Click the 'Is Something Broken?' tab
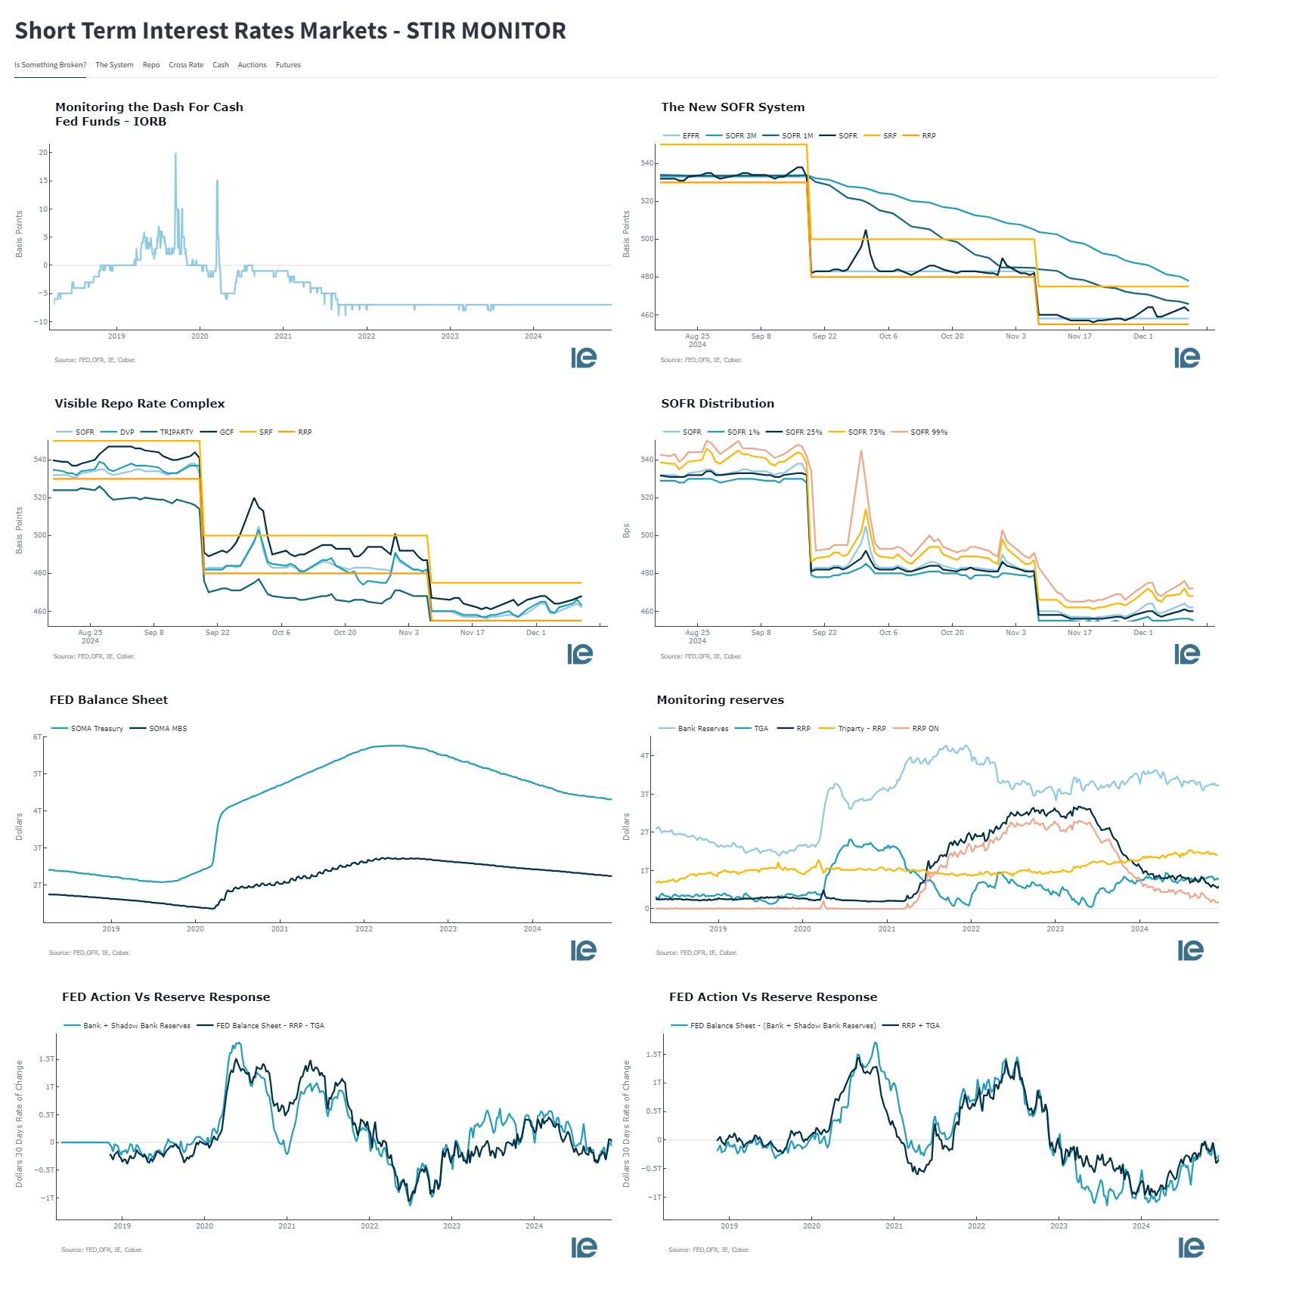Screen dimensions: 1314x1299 [50, 65]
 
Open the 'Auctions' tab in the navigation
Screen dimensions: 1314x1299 [252, 65]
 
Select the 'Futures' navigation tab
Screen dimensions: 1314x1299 [288, 65]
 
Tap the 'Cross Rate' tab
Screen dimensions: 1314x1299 [186, 65]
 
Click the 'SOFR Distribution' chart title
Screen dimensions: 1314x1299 [717, 404]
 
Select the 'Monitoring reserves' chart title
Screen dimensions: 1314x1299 [720, 700]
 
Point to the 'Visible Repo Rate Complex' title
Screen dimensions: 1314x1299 [139, 404]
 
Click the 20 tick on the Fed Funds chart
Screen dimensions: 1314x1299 [43, 153]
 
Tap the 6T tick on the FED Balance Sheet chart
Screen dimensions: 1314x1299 [37, 737]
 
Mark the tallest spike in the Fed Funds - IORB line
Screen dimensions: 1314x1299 [175, 154]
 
